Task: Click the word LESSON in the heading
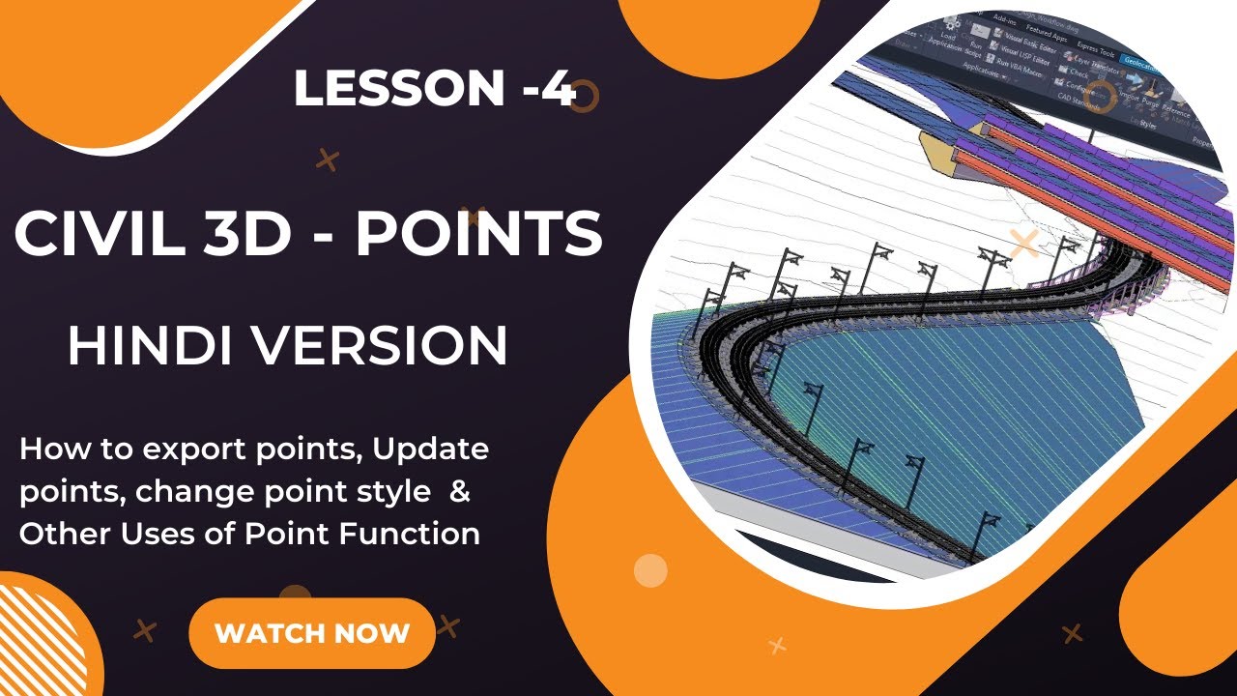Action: (x=396, y=89)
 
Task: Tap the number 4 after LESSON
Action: (x=560, y=89)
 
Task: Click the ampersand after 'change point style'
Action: (x=461, y=491)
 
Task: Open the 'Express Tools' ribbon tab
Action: (x=1094, y=53)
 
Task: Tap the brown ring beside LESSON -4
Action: (x=584, y=95)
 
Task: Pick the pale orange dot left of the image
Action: (x=650, y=570)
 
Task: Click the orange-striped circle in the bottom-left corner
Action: (x=39, y=638)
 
